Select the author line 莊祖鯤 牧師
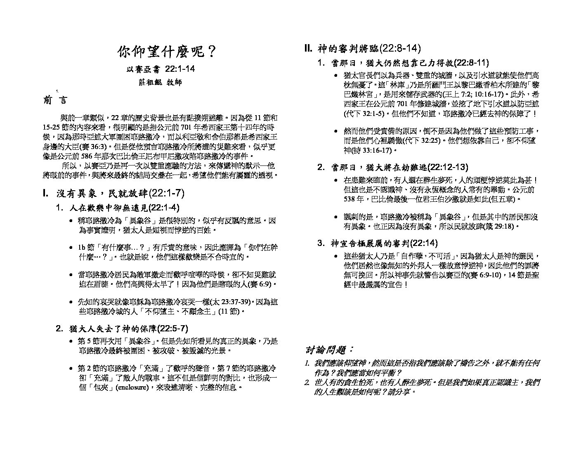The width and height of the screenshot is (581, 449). [160, 82]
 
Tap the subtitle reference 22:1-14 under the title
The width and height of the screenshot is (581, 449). [180, 69]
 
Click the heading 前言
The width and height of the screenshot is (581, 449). [54, 100]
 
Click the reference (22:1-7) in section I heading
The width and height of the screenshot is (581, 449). [165, 193]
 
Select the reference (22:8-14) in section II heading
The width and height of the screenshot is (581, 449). [400, 48]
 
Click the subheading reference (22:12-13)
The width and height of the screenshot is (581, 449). [448, 167]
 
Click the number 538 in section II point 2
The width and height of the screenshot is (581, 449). [350, 199]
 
